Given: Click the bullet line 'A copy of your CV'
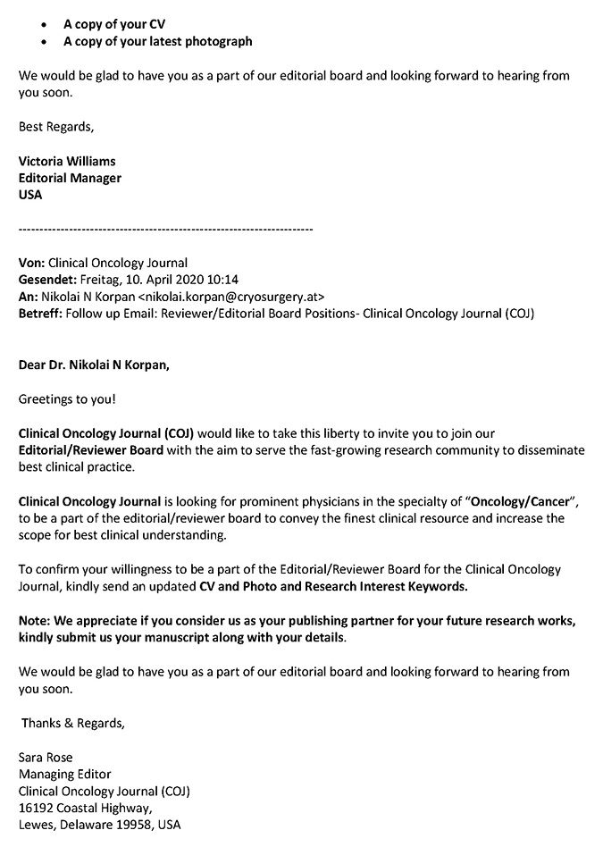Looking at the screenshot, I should pyautogui.click(x=113, y=24).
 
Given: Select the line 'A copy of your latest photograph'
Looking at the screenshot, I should pyautogui.click(x=157, y=41).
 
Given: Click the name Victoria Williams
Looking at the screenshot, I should pyautogui.click(x=67, y=162).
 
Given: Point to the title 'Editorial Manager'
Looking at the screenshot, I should pyautogui.click(x=70, y=178).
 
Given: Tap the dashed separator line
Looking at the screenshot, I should pyautogui.click(x=165, y=230).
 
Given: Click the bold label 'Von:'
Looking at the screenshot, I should pyautogui.click(x=31, y=263).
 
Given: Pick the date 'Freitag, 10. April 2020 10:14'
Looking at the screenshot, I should pyautogui.click(x=160, y=280).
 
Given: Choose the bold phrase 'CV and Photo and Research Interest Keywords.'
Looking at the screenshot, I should pyautogui.click(x=331, y=586).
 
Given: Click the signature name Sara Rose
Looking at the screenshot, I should pyautogui.click(x=46, y=758).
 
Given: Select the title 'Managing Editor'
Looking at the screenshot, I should pyautogui.click(x=64, y=775).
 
